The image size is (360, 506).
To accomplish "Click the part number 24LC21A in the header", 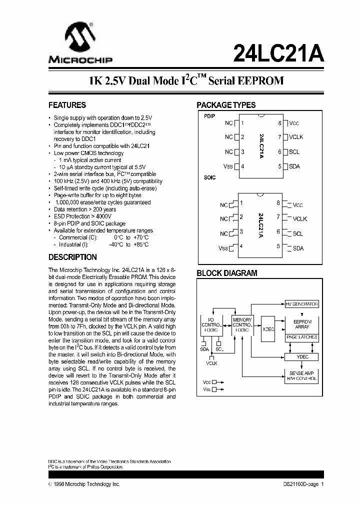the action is click(x=278, y=51).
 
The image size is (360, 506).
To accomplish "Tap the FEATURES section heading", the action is click(x=67, y=105).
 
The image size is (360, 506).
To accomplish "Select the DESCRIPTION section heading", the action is click(x=72, y=257).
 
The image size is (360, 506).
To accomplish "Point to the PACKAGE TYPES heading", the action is click(x=226, y=105).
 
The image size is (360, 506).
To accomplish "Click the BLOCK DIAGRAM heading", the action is click(x=227, y=273).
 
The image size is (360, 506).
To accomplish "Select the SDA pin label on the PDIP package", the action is click(x=294, y=166).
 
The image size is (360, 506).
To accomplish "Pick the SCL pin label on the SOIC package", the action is click(x=298, y=233).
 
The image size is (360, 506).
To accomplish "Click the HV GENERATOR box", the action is click(x=302, y=303).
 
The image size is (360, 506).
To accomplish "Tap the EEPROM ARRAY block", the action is click(x=302, y=323).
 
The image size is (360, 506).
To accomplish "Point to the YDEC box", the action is click(x=302, y=356).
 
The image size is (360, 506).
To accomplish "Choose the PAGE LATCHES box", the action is click(x=302, y=337).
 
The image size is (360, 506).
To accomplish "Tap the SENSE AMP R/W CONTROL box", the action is click(x=302, y=376).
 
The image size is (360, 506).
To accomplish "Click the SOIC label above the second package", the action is click(x=210, y=177).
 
